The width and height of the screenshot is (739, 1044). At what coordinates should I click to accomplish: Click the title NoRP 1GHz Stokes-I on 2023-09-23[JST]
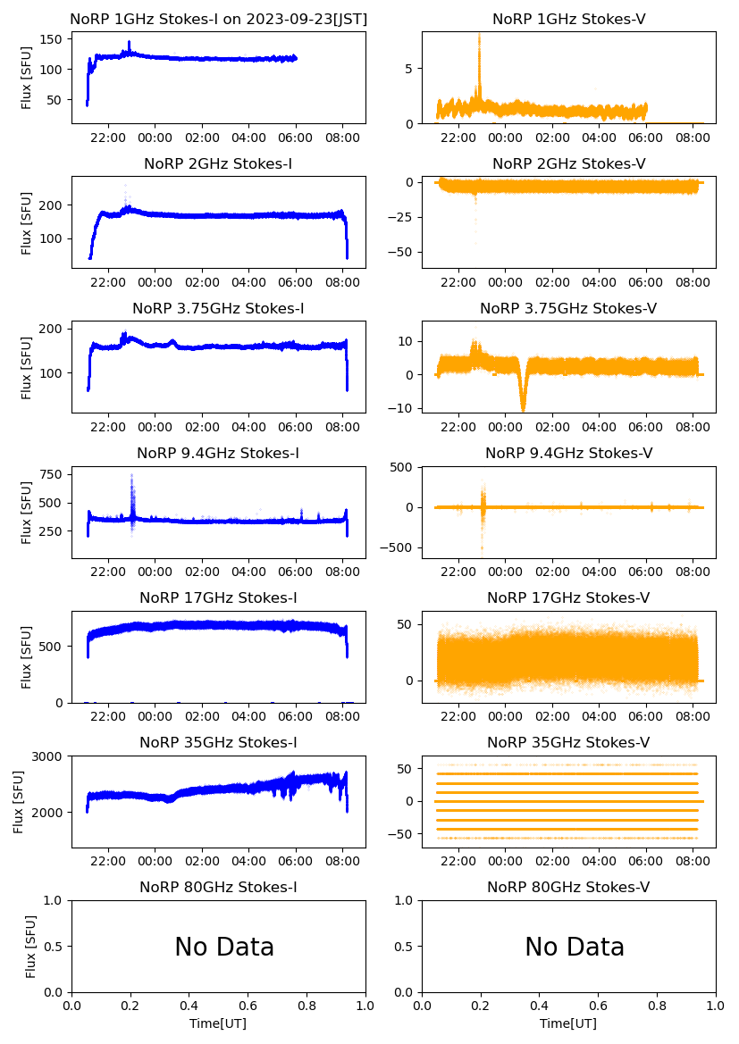pyautogui.click(x=218, y=19)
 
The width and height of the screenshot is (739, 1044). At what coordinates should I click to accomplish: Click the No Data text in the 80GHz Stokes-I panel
pyautogui.click(x=224, y=947)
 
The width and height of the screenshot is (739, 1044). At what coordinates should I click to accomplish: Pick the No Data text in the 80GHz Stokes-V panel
pyautogui.click(x=575, y=947)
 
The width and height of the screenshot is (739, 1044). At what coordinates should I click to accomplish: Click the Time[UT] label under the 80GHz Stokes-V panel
pyautogui.click(x=568, y=1023)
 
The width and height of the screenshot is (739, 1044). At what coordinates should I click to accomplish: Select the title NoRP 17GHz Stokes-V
pyautogui.click(x=568, y=597)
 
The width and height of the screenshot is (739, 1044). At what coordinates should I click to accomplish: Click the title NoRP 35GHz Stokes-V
pyautogui.click(x=568, y=742)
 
